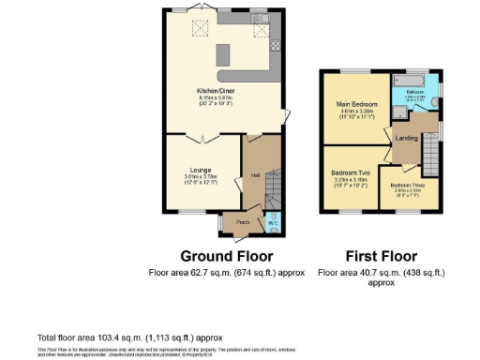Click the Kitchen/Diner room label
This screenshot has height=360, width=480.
pyautogui.click(x=216, y=91)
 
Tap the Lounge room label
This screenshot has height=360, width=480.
pyautogui.click(x=200, y=171)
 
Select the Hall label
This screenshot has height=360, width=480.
pyautogui.click(x=255, y=175)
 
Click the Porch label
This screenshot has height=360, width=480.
pyautogui.click(x=242, y=222)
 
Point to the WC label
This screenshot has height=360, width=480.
pyautogui.click(x=272, y=222)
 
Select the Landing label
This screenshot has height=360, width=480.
pyautogui.click(x=407, y=139)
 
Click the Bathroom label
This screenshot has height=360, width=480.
pyautogui.click(x=415, y=92)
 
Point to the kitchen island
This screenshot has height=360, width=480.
pyautogui.click(x=223, y=53)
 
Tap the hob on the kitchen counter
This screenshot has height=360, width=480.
pyautogui.click(x=275, y=45)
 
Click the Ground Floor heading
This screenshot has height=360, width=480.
pyautogui.click(x=226, y=255)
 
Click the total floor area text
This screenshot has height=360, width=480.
pyautogui.click(x=129, y=336)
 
